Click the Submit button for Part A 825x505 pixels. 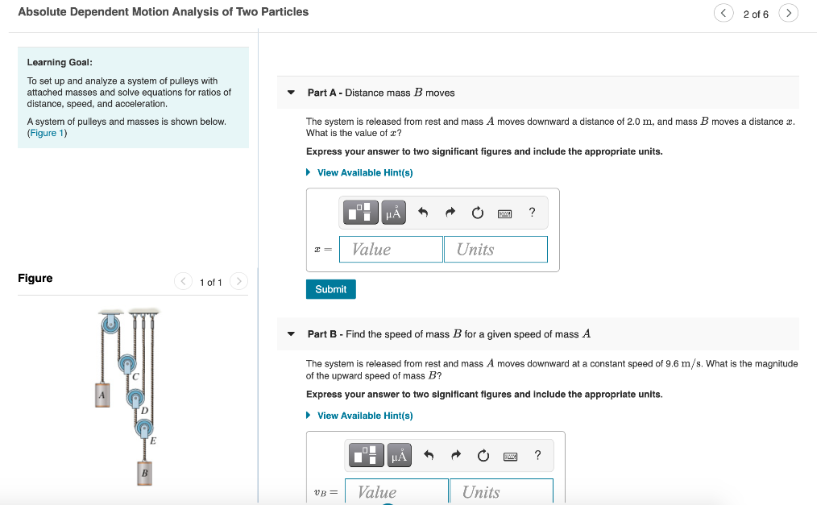click(x=330, y=289)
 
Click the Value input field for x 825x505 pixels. click(x=391, y=249)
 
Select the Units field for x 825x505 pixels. click(x=495, y=249)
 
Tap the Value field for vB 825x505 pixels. click(x=396, y=491)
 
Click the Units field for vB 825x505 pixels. click(x=501, y=491)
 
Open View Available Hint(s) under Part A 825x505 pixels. click(x=365, y=172)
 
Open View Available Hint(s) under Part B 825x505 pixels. click(x=365, y=416)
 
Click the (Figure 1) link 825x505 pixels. click(x=47, y=133)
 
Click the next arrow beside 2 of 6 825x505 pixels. click(x=789, y=14)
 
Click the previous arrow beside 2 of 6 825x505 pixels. click(x=723, y=14)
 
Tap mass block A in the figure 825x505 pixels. click(x=102, y=395)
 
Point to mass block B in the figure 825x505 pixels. click(x=144, y=472)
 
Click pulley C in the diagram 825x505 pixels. click(x=127, y=364)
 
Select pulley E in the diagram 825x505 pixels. click(x=145, y=428)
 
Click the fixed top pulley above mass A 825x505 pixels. click(x=110, y=324)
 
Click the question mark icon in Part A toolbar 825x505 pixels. click(x=532, y=213)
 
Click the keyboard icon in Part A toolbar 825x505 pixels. click(x=505, y=213)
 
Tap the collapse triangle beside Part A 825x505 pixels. click(x=291, y=93)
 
